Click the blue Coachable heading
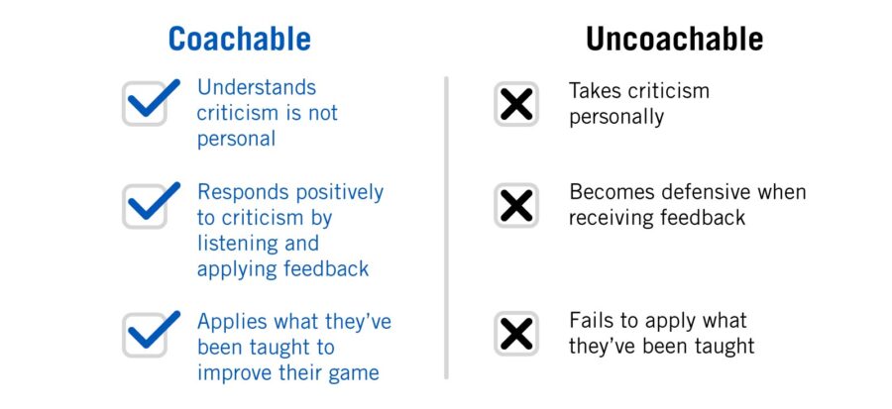(x=239, y=39)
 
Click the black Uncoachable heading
(x=674, y=39)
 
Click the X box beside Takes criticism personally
(x=516, y=104)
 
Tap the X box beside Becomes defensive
(x=516, y=205)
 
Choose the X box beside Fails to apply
(x=516, y=334)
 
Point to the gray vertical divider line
(x=446, y=228)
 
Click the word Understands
(x=257, y=88)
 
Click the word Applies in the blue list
(x=229, y=322)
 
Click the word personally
(x=615, y=117)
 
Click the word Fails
(x=590, y=321)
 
